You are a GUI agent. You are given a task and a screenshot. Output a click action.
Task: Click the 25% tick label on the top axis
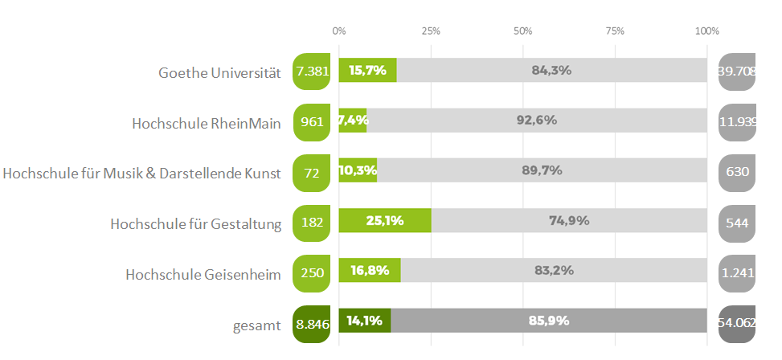pos(431,31)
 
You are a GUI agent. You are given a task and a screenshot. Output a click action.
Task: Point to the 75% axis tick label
pos(615,31)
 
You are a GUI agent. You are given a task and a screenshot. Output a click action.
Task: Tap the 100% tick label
pos(707,31)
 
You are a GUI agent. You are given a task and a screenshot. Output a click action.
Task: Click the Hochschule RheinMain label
pos(207,123)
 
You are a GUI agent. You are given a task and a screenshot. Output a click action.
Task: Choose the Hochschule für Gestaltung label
pos(196,223)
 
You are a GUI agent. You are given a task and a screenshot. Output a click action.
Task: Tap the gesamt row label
pos(258,325)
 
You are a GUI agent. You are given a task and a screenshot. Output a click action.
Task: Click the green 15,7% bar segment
pos(367,71)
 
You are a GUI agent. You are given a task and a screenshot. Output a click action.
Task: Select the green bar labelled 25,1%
pos(385,221)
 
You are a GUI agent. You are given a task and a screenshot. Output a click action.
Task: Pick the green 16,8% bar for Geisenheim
pos(370,271)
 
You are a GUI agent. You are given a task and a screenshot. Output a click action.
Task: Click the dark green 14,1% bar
pos(365,321)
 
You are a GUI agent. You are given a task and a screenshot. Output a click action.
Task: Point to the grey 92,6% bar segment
pos(537,121)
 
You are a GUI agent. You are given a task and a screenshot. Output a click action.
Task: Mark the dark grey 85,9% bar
pos(549,321)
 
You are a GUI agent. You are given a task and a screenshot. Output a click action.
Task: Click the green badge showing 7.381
pos(313,71)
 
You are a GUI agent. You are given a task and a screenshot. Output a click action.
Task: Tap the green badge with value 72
pos(313,171)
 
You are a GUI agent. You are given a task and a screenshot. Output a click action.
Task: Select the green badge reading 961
pos(313,122)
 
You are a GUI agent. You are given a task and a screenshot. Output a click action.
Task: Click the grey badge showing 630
pos(737,171)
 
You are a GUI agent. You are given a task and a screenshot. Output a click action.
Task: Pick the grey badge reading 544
pos(737,223)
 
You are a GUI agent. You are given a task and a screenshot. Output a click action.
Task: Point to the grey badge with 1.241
pos(737,272)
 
